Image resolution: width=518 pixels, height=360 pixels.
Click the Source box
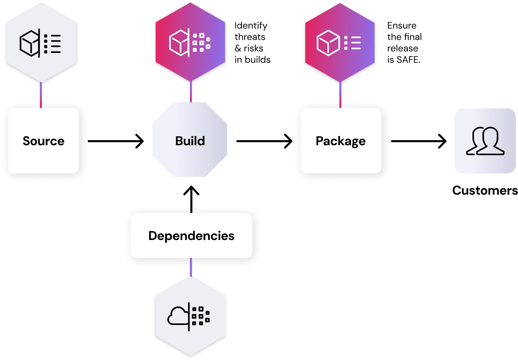43,141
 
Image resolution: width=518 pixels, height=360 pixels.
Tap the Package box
340,141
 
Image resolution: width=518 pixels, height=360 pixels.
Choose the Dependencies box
191,236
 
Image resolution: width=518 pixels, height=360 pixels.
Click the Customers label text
485,190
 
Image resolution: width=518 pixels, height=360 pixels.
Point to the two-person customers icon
485,141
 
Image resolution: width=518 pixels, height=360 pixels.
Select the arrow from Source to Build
116,141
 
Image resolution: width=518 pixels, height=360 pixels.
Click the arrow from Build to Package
264,141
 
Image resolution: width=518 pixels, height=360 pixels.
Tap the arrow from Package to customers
418,141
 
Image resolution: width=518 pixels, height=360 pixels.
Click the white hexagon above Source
41,43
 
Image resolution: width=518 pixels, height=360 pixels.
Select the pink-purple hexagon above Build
190,43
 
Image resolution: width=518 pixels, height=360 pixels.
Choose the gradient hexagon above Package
340,43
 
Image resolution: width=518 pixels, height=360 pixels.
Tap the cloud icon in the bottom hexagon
178,316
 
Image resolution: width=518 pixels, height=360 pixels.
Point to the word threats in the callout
250,37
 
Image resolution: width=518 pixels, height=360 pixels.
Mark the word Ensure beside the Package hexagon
402,26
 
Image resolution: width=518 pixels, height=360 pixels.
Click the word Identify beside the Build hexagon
251,26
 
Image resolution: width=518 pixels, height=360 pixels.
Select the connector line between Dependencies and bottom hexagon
191,267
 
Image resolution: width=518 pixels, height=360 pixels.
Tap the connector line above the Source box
41,95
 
